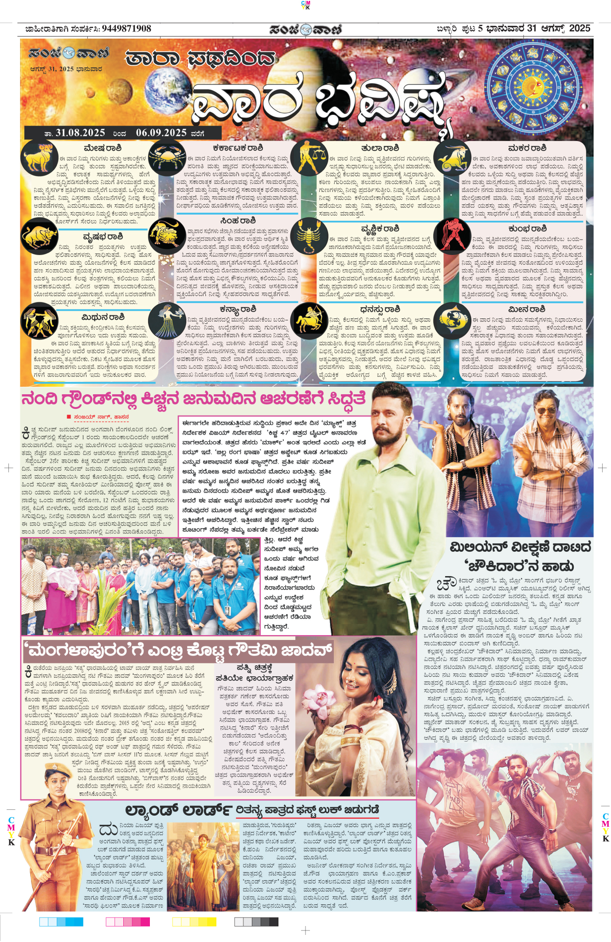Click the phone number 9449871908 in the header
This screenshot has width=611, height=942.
[x=126, y=29]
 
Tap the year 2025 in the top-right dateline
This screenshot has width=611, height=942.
[x=580, y=28]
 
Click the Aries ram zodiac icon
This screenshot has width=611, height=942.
[x=39, y=157]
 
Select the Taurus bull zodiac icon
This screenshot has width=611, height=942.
[x=39, y=236]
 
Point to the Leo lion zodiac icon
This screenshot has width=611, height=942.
[x=167, y=233]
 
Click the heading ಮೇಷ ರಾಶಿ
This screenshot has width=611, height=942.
[x=102, y=148]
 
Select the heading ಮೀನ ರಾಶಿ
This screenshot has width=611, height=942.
[x=527, y=309]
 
